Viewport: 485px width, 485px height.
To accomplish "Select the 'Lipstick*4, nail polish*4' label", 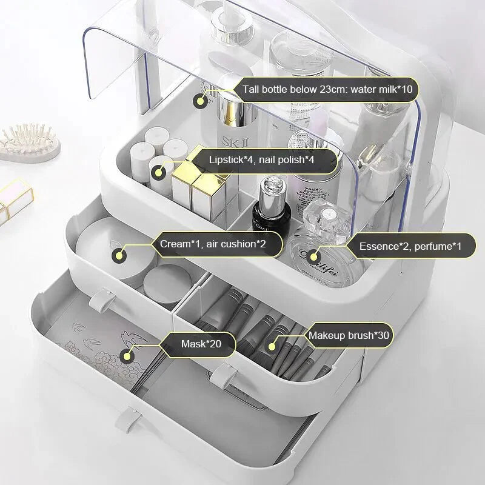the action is click(x=262, y=160).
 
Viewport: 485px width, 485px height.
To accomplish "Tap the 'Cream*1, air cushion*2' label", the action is click(x=213, y=244).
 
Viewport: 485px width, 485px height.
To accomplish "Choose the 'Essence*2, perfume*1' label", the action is click(x=410, y=247).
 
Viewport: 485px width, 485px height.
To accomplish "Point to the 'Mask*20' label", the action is click(x=201, y=344).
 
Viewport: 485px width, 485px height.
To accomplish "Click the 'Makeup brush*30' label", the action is click(x=349, y=336).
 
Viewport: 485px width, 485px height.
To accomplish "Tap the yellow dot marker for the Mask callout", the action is click(x=127, y=356).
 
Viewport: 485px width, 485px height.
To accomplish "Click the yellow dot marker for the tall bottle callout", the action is click(x=201, y=101).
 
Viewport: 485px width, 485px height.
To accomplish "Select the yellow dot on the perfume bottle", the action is click(x=313, y=256).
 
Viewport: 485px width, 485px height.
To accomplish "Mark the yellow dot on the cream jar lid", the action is click(x=119, y=256).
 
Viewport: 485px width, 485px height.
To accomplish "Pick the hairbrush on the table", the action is click(x=30, y=143).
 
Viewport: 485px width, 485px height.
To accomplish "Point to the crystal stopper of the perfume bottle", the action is click(x=326, y=216).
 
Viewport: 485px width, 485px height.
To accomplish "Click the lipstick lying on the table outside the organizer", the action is click(x=16, y=201).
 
